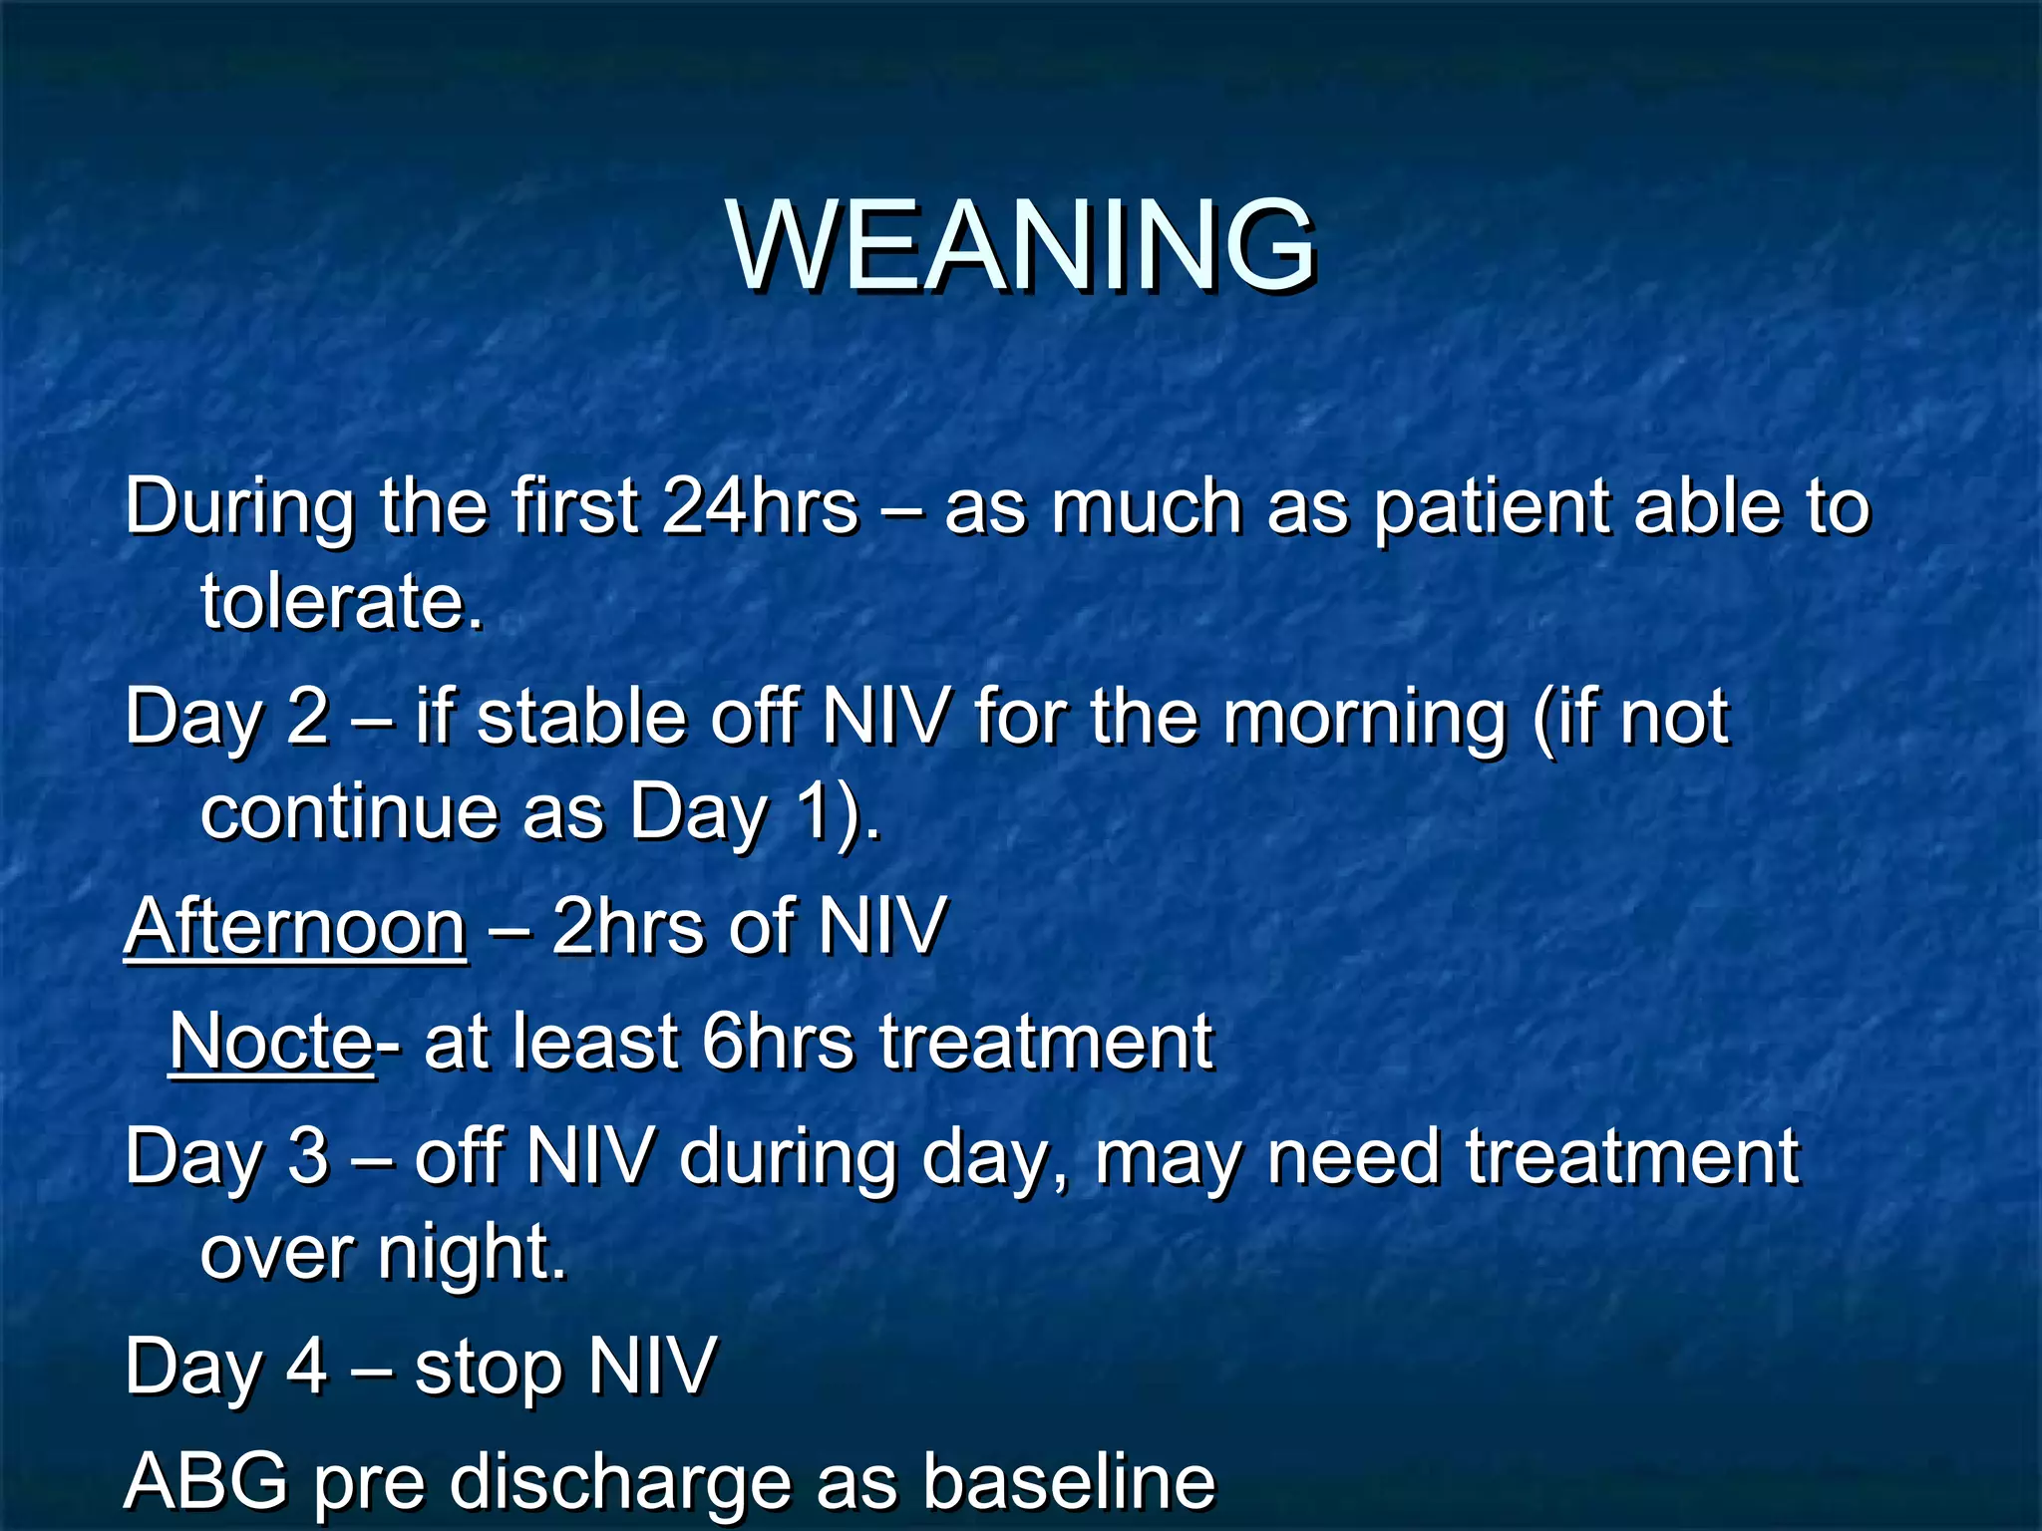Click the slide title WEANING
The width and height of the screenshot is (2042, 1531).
[x=1022, y=244]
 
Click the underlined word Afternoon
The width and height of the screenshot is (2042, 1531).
[x=295, y=927]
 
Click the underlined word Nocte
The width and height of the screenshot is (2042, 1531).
[x=271, y=1042]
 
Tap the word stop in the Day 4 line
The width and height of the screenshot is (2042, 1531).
[x=488, y=1368]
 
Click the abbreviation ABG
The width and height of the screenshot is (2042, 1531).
[x=206, y=1480]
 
